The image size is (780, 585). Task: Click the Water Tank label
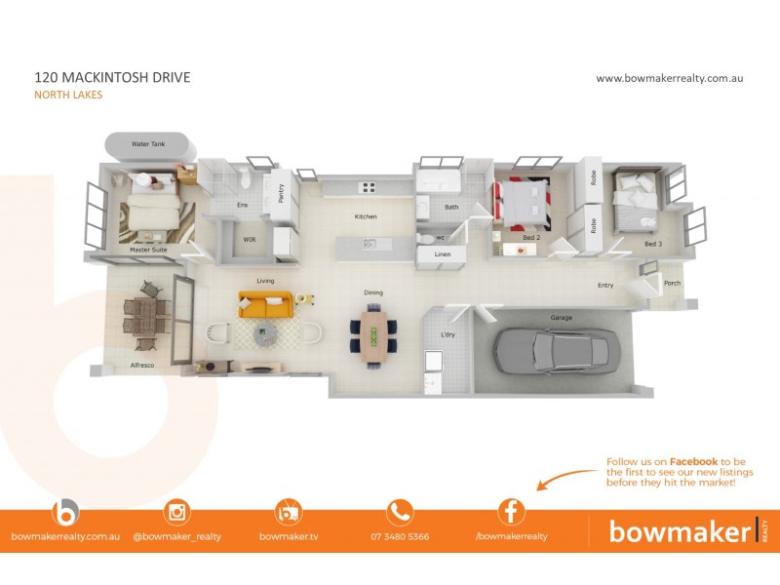coord(148,143)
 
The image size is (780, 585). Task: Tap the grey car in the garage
coord(557,350)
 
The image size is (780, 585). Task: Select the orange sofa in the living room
coord(265,304)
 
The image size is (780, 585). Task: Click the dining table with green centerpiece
coord(373,336)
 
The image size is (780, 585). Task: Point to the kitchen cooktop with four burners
coord(369,187)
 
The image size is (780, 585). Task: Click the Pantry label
coord(281,193)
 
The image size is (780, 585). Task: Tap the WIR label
coord(250,239)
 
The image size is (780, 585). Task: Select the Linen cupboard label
coord(443,254)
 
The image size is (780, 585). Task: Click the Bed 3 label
coord(653,244)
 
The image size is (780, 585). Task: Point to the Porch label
coord(672,283)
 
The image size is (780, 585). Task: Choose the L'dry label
coord(448,334)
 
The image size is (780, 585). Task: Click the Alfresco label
coord(142,365)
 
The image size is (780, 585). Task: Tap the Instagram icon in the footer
coord(177,513)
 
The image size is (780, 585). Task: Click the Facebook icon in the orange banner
coord(511,512)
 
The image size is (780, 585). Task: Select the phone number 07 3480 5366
coord(400,537)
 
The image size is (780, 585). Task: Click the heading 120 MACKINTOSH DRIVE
coord(112,77)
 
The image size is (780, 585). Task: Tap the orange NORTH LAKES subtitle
coord(68,95)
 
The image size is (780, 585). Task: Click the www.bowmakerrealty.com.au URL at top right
coord(670,78)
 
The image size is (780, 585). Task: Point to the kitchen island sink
coord(370,244)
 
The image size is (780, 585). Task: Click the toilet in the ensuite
coord(245,177)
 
